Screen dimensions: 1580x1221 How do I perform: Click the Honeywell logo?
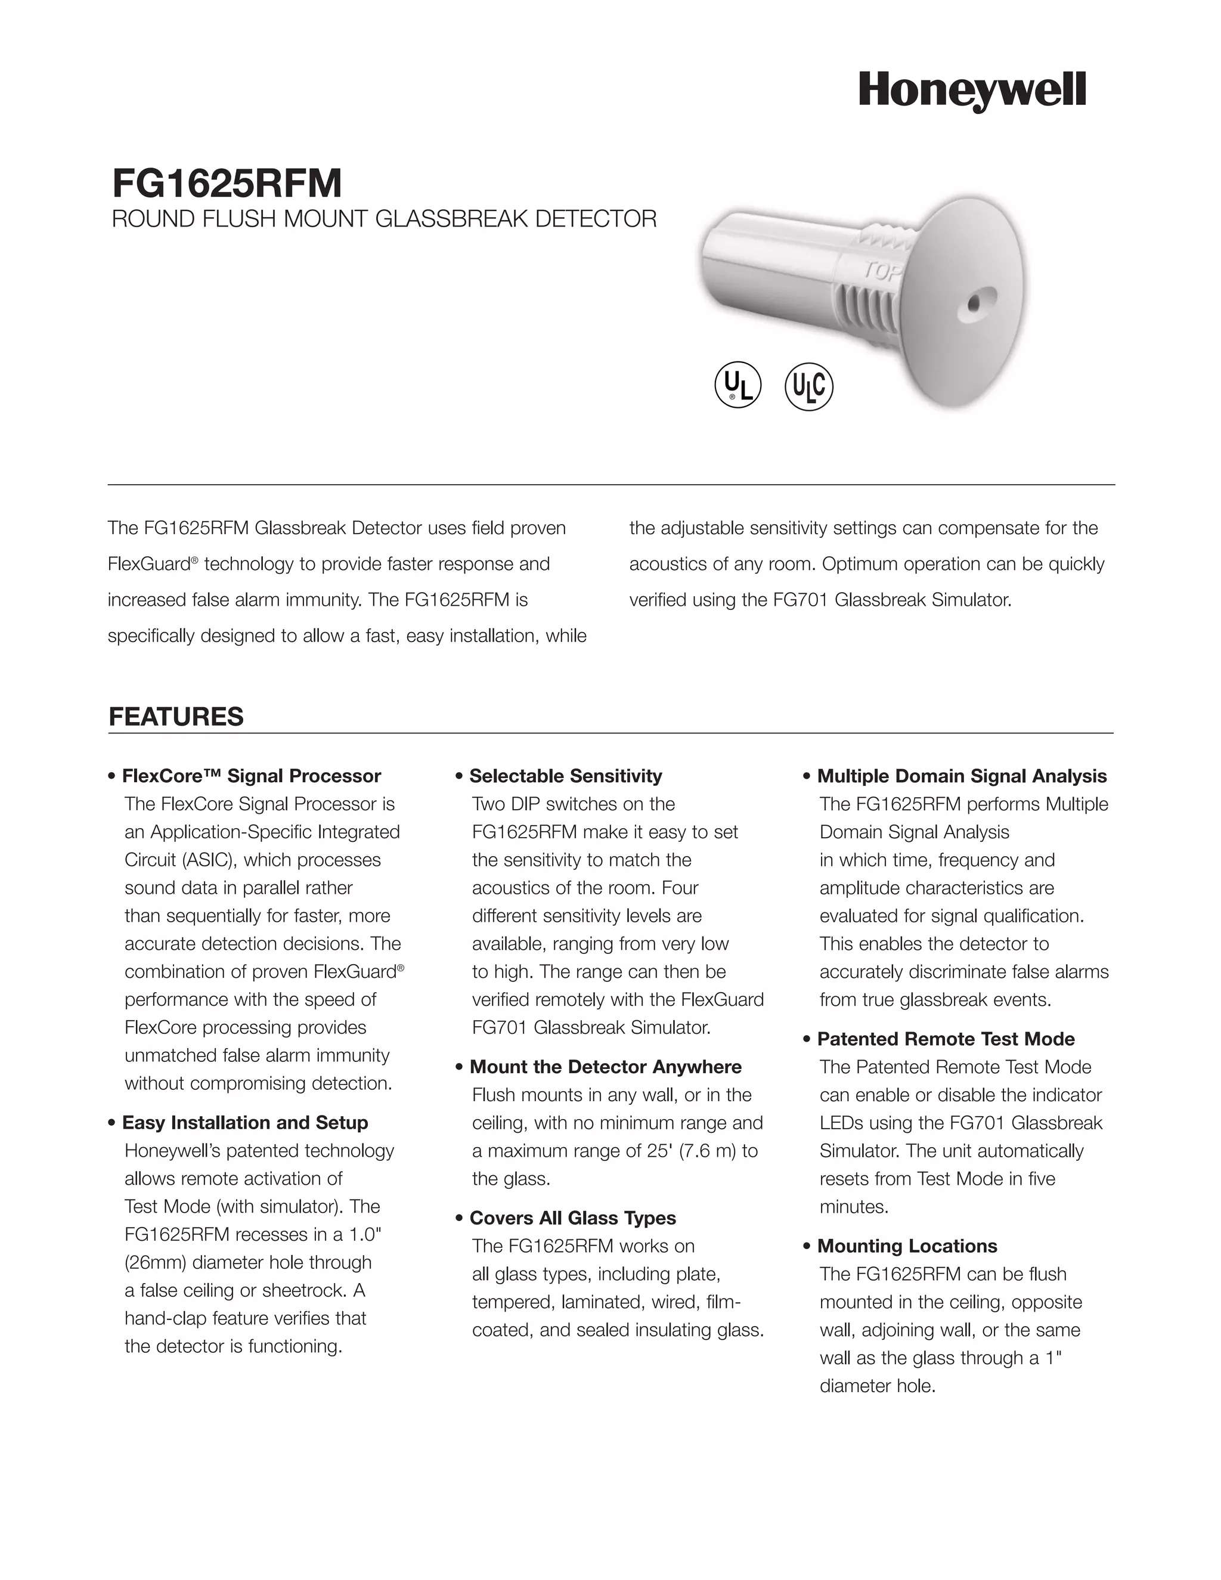coord(972,91)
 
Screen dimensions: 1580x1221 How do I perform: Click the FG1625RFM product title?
coord(227,183)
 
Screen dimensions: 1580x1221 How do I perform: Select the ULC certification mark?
coord(808,386)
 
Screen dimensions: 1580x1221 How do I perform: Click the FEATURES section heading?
coord(176,716)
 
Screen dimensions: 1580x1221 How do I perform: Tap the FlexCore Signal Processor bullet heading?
coord(251,776)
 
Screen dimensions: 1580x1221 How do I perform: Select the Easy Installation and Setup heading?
coord(244,1122)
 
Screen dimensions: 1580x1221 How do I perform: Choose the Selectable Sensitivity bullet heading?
coord(565,776)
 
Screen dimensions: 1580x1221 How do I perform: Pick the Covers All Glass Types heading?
coord(572,1217)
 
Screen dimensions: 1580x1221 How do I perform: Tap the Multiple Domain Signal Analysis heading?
coord(961,776)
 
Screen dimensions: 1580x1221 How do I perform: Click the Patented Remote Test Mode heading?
coord(946,1039)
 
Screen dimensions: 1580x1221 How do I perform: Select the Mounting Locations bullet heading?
coord(906,1246)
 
